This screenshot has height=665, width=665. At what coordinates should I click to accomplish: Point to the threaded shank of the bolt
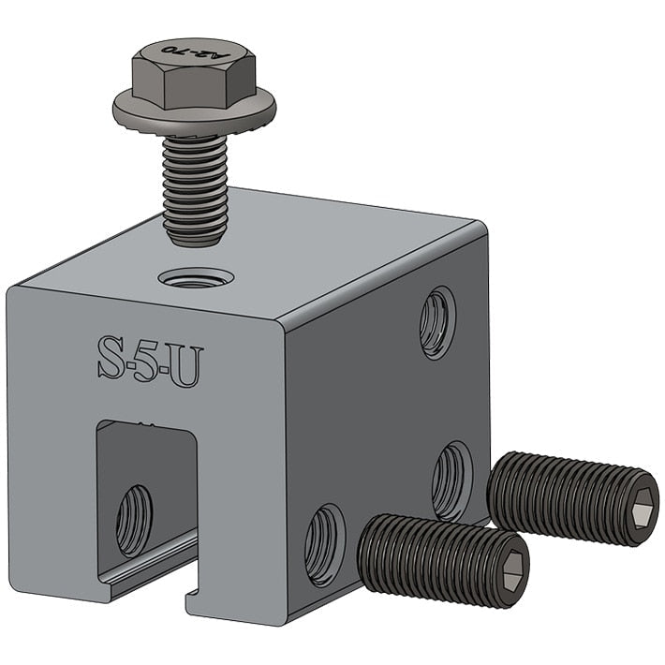[x=194, y=187]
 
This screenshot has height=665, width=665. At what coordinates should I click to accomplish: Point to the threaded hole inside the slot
[x=133, y=520]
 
